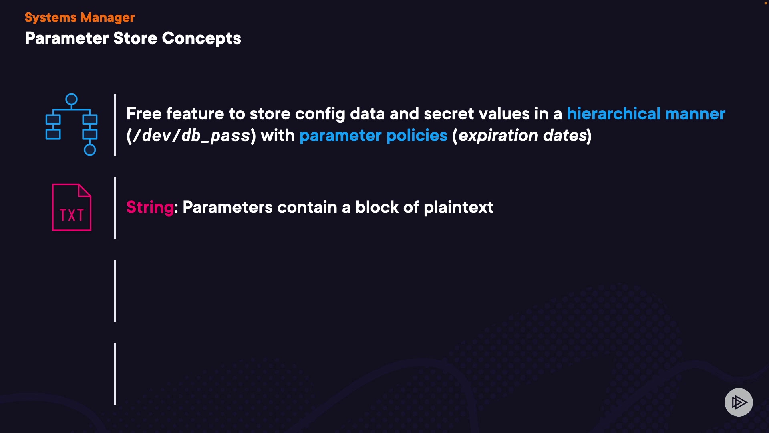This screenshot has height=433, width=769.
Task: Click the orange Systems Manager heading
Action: pyautogui.click(x=80, y=18)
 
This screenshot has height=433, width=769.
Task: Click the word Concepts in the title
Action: pyautogui.click(x=201, y=39)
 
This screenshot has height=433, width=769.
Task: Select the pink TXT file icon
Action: pyautogui.click(x=72, y=207)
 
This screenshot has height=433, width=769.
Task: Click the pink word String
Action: pyautogui.click(x=150, y=208)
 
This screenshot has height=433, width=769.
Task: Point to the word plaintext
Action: pyautogui.click(x=458, y=208)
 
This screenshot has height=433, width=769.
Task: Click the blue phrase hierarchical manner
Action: pyautogui.click(x=646, y=114)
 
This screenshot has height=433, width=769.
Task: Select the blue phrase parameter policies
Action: pyautogui.click(x=373, y=136)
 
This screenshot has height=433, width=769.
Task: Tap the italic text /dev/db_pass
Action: pyautogui.click(x=191, y=136)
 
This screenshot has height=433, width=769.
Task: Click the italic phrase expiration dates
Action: pyautogui.click(x=522, y=136)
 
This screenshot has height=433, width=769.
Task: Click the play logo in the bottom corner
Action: pyautogui.click(x=739, y=402)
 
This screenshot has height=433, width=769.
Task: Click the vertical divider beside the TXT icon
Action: pyautogui.click(x=115, y=208)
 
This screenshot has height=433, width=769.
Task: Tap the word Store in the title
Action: pyautogui.click(x=135, y=38)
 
